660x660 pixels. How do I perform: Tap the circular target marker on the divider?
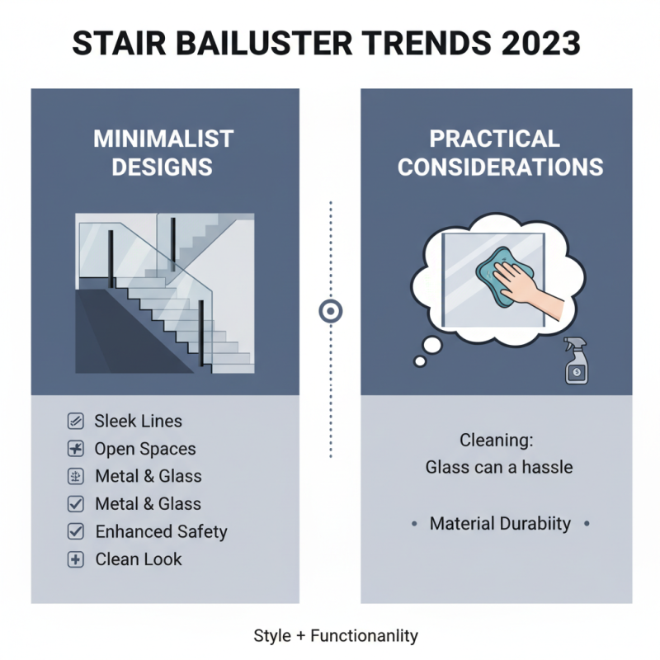point(330,311)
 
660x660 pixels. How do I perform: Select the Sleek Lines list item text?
point(139,422)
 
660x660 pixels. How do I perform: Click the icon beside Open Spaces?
point(75,450)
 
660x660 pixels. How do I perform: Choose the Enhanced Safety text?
point(161,532)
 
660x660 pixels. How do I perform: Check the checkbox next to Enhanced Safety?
point(75,532)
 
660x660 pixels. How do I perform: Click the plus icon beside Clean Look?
point(75,559)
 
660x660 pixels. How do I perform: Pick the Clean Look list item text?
point(139,559)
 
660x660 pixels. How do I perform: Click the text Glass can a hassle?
point(498,468)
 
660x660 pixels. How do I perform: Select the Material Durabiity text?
point(500,524)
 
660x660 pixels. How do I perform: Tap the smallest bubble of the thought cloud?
point(420,361)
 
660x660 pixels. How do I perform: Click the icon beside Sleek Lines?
point(75,422)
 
